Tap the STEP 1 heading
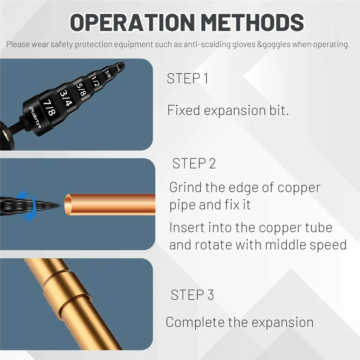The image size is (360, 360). [x=187, y=79]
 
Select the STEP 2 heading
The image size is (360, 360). [x=194, y=163]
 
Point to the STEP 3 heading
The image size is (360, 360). [x=192, y=295]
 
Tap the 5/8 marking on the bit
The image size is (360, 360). [x=81, y=88]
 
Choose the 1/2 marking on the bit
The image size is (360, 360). [x=95, y=81]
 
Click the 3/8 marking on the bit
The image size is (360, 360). [x=108, y=73]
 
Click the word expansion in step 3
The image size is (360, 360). [x=282, y=323]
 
